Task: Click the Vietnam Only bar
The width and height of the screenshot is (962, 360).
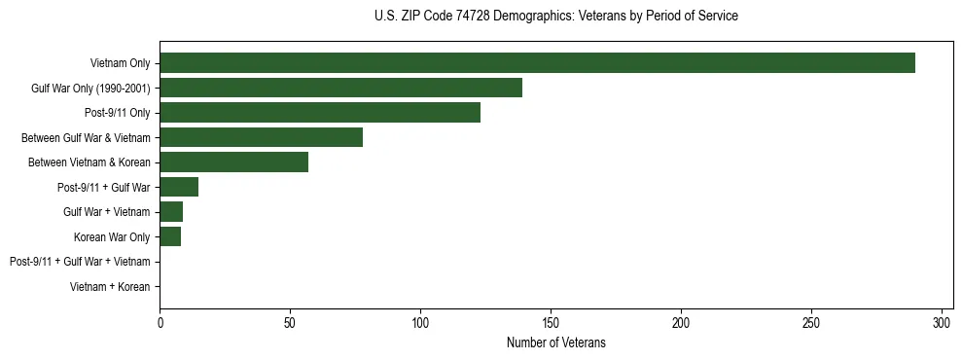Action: point(537,63)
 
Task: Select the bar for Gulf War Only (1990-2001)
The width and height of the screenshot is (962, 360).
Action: point(340,88)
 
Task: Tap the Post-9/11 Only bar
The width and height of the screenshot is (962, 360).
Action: point(320,113)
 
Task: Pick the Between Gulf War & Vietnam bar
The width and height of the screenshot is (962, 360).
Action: point(261,137)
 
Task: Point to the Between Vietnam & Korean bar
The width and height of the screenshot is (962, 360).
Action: point(233,162)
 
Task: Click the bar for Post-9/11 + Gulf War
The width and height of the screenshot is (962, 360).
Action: point(179,187)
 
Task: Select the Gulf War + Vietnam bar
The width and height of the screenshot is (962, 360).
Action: point(171,212)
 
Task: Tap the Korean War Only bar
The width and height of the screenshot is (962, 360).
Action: point(170,236)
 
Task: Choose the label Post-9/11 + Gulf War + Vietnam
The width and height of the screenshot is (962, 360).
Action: point(80,262)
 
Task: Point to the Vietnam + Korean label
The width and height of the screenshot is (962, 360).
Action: point(110,287)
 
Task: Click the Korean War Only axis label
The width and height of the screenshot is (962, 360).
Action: point(112,237)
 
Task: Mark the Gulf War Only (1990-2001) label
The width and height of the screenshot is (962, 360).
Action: point(90,89)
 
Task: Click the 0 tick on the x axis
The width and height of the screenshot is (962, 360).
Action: point(160,322)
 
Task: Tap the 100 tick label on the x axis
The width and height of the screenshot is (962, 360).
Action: point(420,322)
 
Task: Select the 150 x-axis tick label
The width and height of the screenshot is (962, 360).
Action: point(551,322)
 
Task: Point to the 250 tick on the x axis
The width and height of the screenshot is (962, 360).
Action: point(811,322)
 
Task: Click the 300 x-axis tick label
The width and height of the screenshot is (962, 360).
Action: point(942,322)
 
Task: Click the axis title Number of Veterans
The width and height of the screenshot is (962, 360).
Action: point(555,342)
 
